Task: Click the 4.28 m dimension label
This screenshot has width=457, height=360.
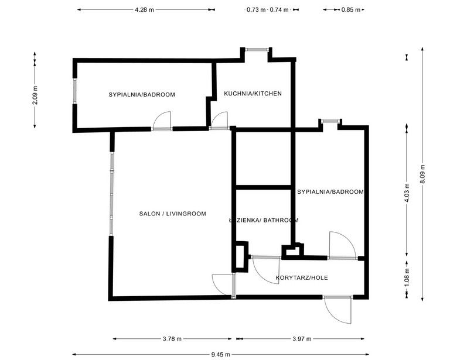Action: pyautogui.click(x=144, y=10)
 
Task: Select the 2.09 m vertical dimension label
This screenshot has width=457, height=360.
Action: pyautogui.click(x=35, y=94)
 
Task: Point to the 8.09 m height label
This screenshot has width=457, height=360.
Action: pyautogui.click(x=423, y=174)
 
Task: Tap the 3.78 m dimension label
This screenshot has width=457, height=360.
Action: pyautogui.click(x=172, y=339)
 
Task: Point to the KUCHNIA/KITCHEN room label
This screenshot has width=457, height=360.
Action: pyautogui.click(x=253, y=94)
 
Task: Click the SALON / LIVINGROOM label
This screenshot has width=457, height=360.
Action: pyautogui.click(x=172, y=214)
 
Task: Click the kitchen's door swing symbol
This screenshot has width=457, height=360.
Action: pyautogui.click(x=219, y=121)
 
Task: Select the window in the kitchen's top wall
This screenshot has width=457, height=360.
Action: pyautogui.click(x=256, y=49)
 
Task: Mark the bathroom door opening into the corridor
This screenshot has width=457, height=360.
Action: pyautogui.click(x=265, y=269)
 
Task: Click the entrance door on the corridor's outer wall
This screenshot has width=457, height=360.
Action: pyautogui.click(x=338, y=308)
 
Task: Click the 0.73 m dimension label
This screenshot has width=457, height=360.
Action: pyautogui.click(x=256, y=10)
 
